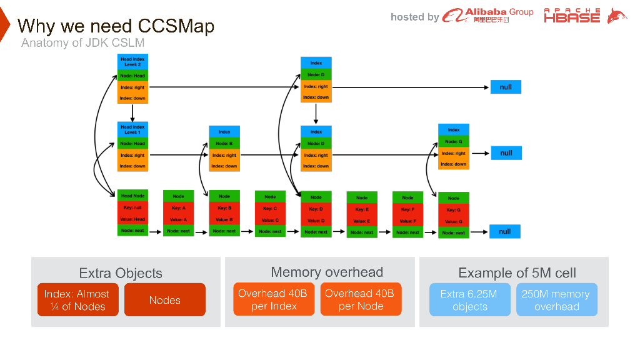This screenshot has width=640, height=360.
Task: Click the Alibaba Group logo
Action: (x=488, y=16)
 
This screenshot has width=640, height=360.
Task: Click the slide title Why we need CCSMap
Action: (x=116, y=26)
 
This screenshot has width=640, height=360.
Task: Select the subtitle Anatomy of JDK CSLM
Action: (x=82, y=43)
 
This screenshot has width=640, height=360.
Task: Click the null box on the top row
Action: (x=506, y=87)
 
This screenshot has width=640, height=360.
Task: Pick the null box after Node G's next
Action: (x=505, y=231)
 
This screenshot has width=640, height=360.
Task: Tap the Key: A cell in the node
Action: (x=179, y=208)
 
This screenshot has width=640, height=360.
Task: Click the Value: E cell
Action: (x=362, y=221)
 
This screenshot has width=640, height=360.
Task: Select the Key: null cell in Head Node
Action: (x=132, y=208)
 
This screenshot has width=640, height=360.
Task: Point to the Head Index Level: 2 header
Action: (x=132, y=62)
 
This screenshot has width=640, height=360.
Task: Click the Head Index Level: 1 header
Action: (x=132, y=129)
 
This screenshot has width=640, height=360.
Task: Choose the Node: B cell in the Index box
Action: (x=224, y=144)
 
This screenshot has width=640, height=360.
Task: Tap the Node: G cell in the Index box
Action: (x=454, y=142)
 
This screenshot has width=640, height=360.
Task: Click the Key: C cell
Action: (x=270, y=209)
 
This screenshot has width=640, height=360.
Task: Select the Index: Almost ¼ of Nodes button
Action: (x=77, y=300)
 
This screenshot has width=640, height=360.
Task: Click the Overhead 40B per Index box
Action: (x=274, y=300)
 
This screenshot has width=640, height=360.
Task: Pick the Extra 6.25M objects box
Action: (x=470, y=300)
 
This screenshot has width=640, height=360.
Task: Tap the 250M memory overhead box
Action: (x=556, y=300)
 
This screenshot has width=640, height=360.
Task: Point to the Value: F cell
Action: (x=407, y=221)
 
